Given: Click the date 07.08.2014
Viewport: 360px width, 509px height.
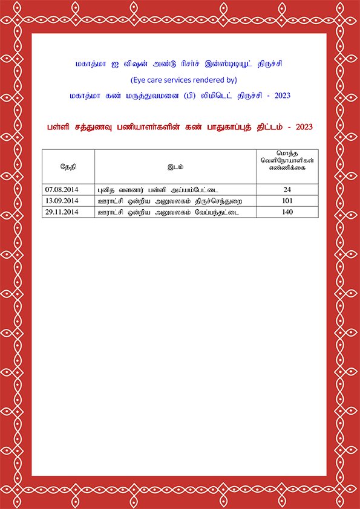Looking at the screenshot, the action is (x=62, y=189).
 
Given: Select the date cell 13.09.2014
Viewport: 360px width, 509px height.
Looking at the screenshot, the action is (x=62, y=201).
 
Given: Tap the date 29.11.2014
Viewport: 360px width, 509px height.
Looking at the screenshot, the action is (x=62, y=212).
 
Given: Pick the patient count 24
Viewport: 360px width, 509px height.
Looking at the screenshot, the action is (x=287, y=189).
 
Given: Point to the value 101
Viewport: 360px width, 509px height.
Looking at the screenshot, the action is (x=287, y=201).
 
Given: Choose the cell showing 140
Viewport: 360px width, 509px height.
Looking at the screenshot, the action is (x=287, y=212).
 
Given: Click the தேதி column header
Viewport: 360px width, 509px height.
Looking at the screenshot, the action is (x=68, y=166).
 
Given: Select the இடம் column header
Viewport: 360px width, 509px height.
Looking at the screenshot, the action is (x=175, y=166).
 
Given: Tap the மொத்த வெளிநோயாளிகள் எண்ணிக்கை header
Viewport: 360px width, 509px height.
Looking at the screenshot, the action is (x=287, y=162).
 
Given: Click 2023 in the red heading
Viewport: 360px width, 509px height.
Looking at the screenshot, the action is (x=304, y=127).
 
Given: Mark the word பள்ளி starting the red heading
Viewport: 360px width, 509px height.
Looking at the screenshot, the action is (x=57, y=127).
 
